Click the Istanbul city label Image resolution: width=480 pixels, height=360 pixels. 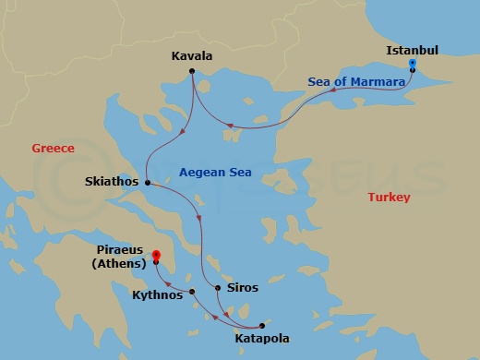(413, 49)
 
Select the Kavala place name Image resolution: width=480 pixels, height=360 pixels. (192, 56)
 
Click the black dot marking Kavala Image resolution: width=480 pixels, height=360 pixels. (192, 71)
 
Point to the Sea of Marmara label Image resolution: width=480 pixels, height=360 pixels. (357, 82)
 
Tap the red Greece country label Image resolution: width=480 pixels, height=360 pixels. (53, 148)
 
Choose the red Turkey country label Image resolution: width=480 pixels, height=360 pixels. (389, 197)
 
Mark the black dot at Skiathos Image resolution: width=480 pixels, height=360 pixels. (148, 183)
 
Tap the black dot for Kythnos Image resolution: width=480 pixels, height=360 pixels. (192, 293)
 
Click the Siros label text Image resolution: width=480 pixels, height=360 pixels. (243, 288)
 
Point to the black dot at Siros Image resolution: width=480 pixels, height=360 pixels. (218, 288)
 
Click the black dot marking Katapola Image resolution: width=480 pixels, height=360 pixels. (262, 325)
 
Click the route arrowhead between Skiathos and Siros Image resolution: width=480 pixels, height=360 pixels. (199, 218)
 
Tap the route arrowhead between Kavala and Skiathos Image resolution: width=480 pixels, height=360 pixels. (177, 138)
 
